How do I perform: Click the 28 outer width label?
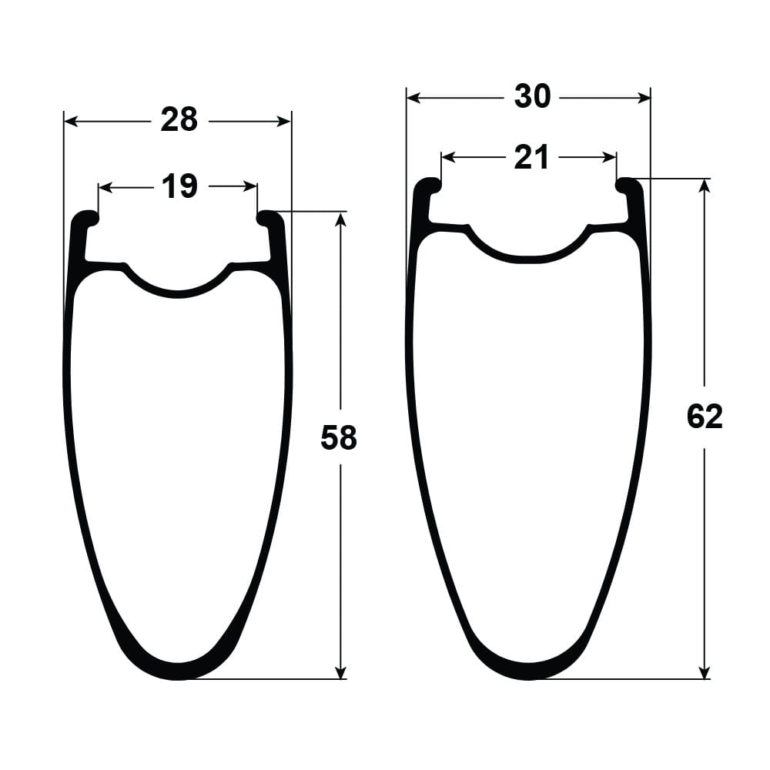179,120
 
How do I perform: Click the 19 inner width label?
179,186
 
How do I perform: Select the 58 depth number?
338,438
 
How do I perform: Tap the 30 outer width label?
532,97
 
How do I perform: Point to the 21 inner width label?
531,158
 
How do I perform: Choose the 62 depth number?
705,417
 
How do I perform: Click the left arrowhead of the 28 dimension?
71,122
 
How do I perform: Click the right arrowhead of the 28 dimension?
284,122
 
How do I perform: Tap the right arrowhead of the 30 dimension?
643,99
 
